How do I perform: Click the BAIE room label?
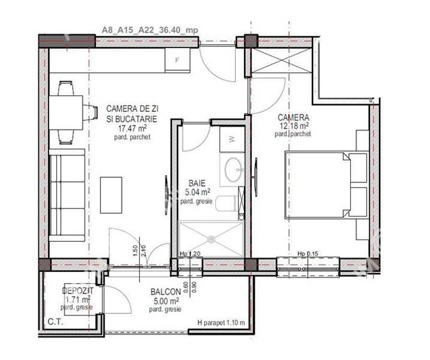[197, 182]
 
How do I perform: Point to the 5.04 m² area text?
[196, 191]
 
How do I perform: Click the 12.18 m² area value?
[293, 127]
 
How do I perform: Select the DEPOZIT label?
[79, 290]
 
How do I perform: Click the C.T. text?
[56, 322]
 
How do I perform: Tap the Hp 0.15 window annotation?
[308, 254]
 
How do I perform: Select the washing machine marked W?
[231, 139]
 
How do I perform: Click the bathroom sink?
[233, 169]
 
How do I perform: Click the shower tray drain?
[210, 239]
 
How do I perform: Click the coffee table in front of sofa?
[112, 194]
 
